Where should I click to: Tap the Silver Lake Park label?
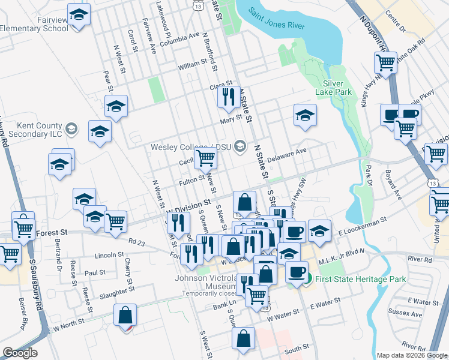tap(337, 88)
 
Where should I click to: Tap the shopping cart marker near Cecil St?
tap(206, 158)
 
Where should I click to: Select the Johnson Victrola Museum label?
tap(204, 282)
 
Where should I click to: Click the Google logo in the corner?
tap(20, 353)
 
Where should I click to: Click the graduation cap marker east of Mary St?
tap(305, 115)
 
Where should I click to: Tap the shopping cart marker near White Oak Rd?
tap(384, 62)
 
